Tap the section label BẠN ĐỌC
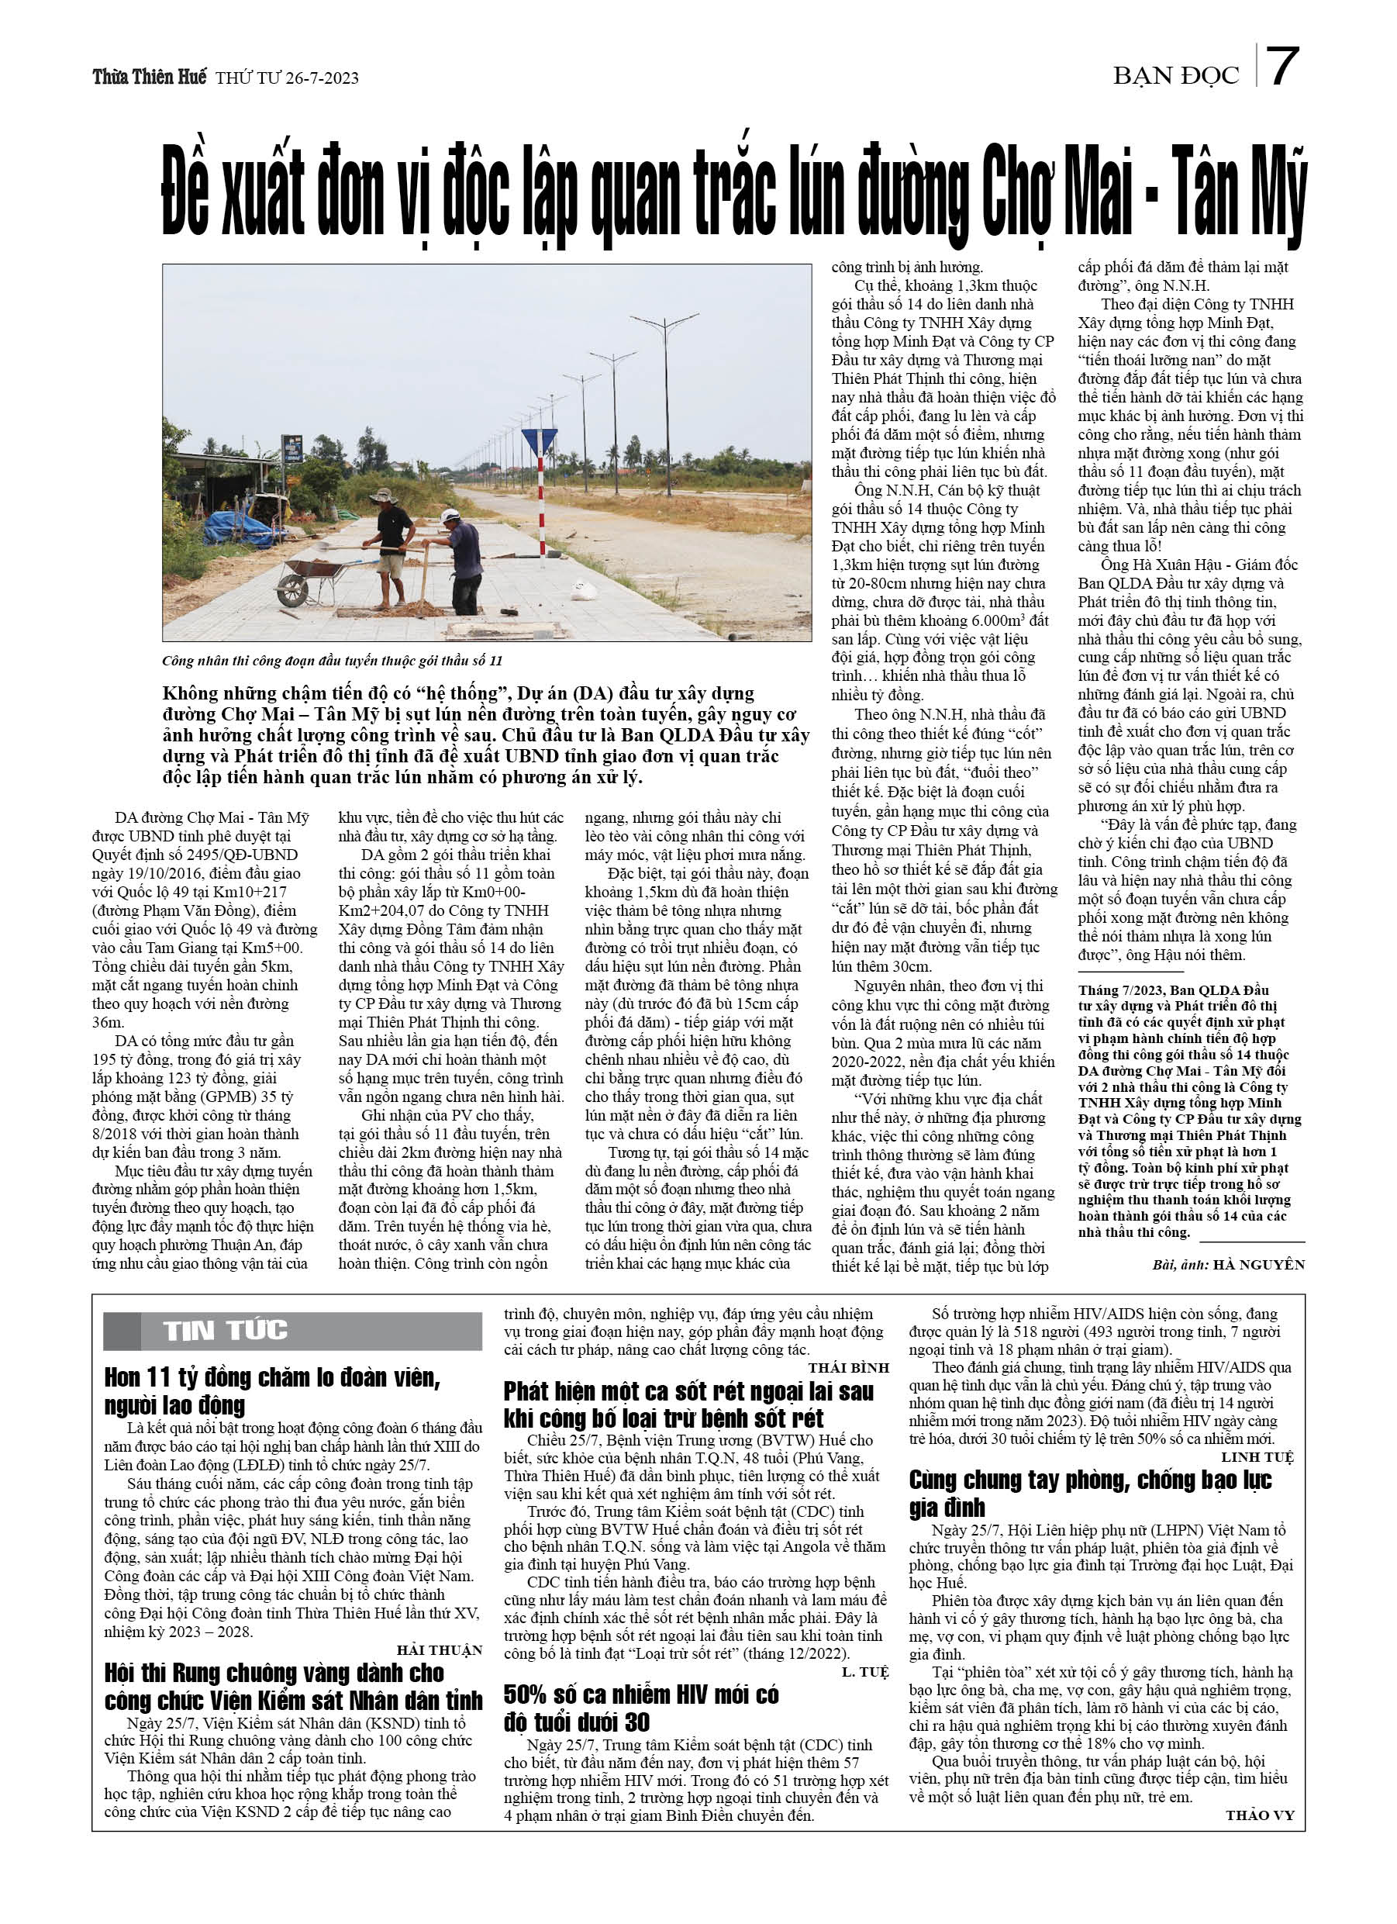tap(1175, 76)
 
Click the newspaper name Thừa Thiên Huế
tap(150, 78)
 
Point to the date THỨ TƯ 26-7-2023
tap(287, 78)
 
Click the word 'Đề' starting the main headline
tap(186, 192)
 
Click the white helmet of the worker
tap(451, 515)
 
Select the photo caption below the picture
tap(332, 660)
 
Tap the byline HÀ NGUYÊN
tap(1259, 1265)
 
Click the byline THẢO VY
tap(1259, 1815)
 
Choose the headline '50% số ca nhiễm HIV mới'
tap(640, 1695)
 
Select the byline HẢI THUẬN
tap(440, 1650)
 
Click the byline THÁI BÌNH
tap(848, 1367)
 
